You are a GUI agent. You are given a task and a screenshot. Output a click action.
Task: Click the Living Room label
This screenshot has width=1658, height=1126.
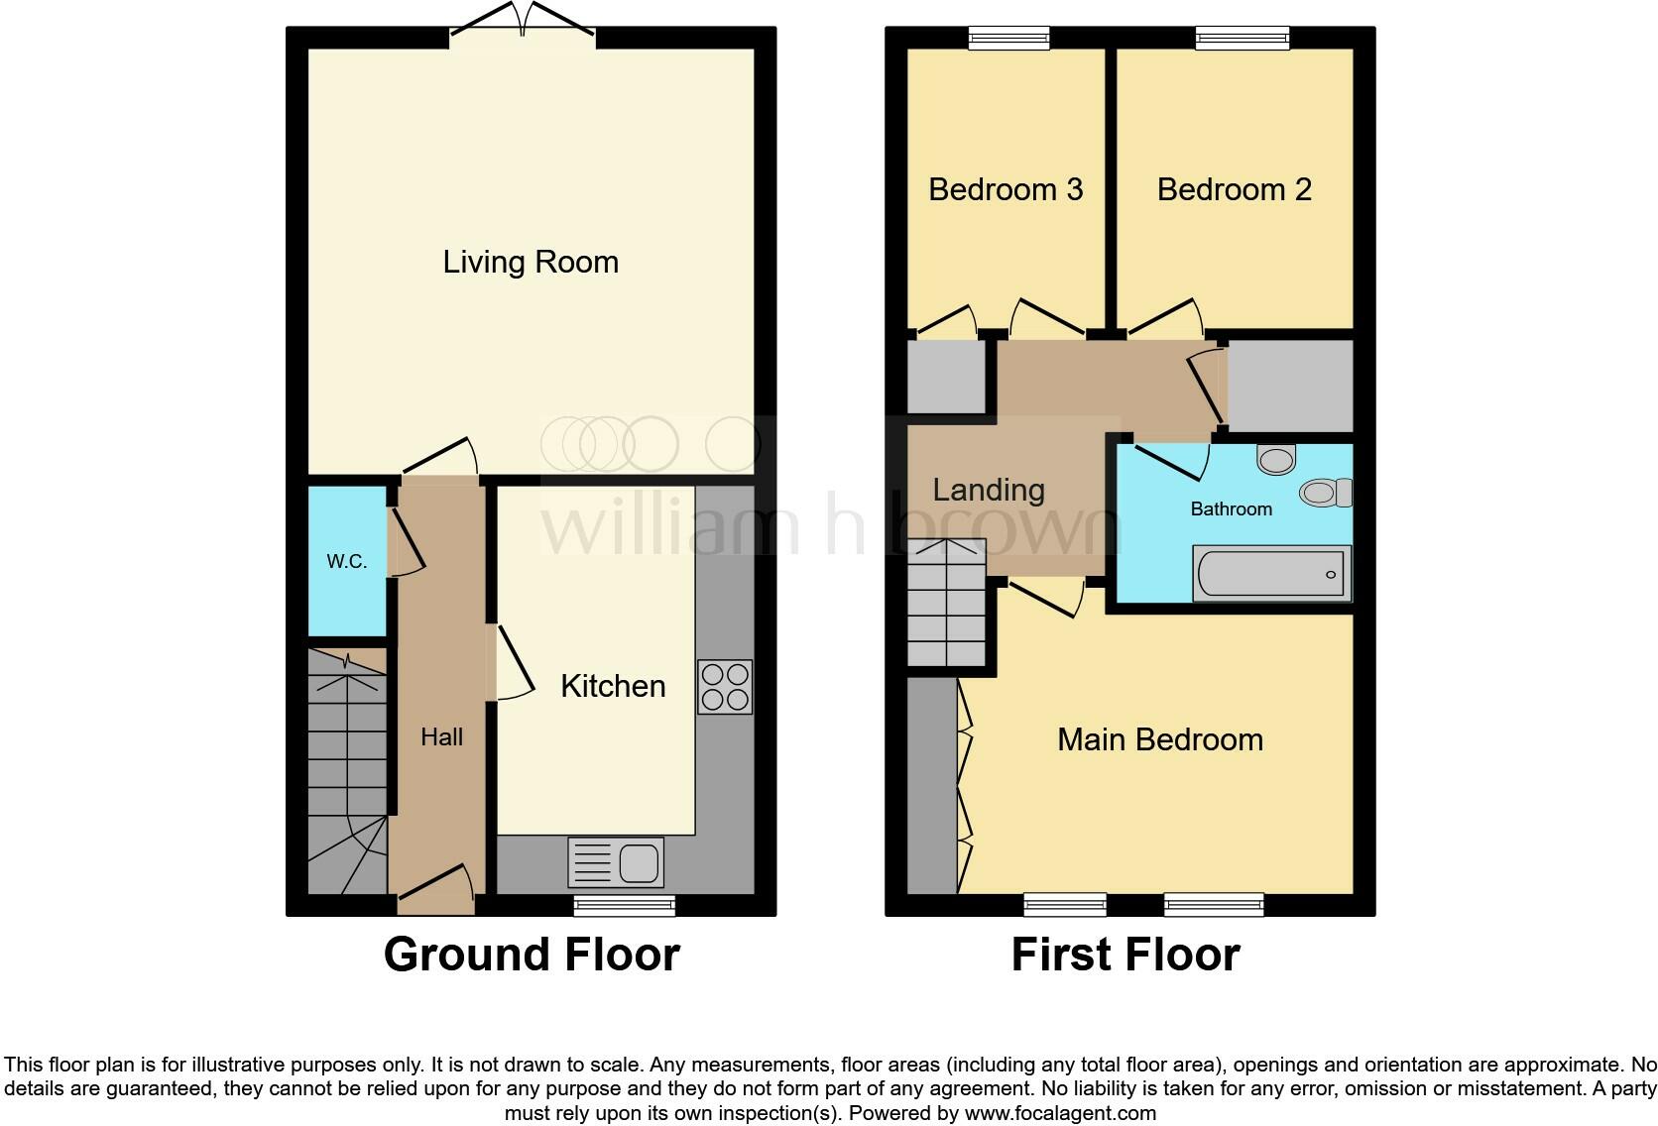tap(531, 262)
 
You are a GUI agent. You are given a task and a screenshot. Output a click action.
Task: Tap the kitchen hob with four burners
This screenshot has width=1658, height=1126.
tap(725, 687)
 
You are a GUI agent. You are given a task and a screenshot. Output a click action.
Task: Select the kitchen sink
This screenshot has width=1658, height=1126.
tap(616, 862)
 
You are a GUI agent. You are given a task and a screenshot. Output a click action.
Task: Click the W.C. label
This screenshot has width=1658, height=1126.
tap(347, 561)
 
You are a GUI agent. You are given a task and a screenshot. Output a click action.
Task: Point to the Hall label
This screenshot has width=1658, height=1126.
tap(441, 736)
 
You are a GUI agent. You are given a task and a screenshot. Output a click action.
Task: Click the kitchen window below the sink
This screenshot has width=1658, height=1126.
tap(625, 904)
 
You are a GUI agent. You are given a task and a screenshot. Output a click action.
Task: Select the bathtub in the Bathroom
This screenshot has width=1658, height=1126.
tap(1271, 574)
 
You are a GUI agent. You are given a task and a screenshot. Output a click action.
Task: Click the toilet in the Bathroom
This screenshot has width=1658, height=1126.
tap(1326, 492)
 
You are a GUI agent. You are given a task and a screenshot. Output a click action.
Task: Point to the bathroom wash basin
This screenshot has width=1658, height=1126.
tap(1276, 459)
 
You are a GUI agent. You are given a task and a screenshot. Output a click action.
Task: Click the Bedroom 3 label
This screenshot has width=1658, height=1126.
tap(1006, 189)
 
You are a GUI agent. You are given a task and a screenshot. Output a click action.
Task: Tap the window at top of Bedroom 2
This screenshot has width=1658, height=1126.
tap(1243, 39)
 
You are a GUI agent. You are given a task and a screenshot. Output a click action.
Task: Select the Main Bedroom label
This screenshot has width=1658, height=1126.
tap(1160, 739)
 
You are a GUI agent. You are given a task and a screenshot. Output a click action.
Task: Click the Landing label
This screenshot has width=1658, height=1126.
tap(989, 490)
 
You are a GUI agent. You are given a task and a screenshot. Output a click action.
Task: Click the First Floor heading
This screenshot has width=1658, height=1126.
tap(1125, 955)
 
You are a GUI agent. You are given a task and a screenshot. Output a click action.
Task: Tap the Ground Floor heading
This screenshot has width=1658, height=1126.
tap(532, 955)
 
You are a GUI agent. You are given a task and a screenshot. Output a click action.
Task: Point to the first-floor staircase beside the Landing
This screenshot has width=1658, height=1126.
tap(947, 604)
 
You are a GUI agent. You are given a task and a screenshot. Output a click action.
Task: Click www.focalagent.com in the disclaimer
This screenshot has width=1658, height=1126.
tap(1060, 1113)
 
